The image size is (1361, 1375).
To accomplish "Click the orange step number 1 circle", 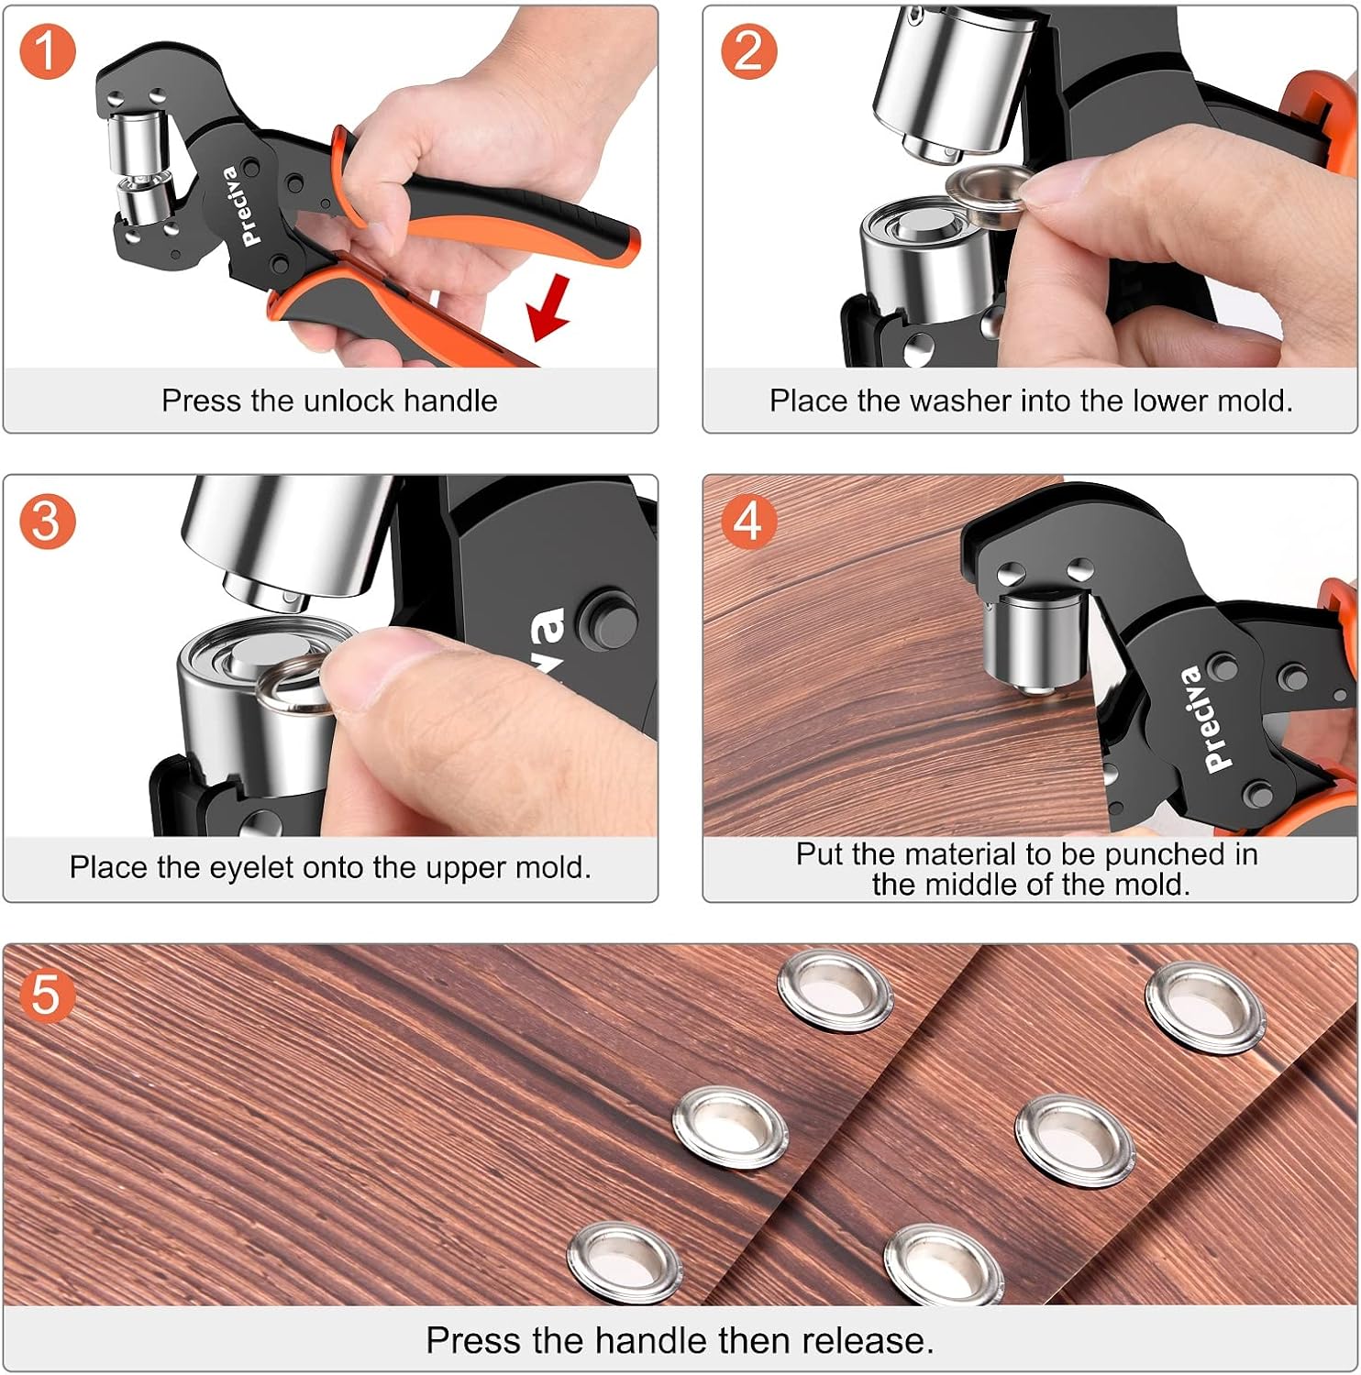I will (47, 51).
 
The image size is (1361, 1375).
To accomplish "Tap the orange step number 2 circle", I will (748, 51).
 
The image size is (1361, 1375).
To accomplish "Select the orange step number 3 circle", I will (47, 522).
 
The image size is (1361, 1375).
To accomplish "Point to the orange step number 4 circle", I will (748, 522).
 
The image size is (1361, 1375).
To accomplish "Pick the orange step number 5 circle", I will (47, 994).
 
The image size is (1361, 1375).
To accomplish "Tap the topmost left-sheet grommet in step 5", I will (834, 991).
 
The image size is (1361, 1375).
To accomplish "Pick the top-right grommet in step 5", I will (1204, 1007).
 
